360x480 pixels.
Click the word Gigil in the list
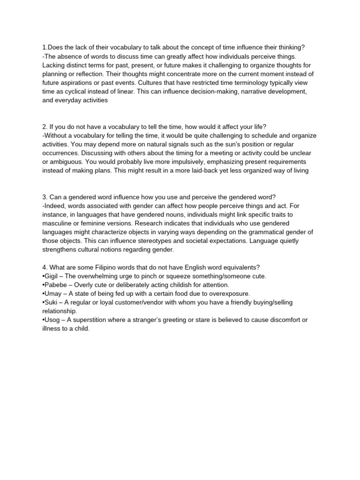click(x=52, y=276)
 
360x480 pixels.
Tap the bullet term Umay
click(x=53, y=293)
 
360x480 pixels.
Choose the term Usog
click(x=53, y=320)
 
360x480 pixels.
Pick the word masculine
click(x=59, y=223)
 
